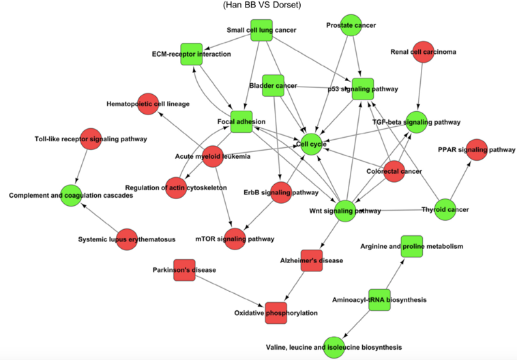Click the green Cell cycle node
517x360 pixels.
click(310, 144)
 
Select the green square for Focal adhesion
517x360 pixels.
click(241, 122)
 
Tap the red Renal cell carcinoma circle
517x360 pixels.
click(424, 52)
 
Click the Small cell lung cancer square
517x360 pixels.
click(261, 30)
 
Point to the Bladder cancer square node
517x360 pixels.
click(273, 85)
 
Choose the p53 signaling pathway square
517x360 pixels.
click(363, 89)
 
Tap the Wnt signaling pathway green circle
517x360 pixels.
click(345, 211)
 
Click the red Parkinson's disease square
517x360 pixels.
click(184, 270)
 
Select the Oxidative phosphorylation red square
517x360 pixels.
click(276, 312)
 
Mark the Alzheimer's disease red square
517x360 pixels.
click(311, 260)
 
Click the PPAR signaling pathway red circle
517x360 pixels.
click(477, 149)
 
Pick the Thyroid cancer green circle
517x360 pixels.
click(445, 209)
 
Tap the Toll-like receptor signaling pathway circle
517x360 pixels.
click(91, 139)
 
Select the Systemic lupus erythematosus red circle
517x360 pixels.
click(127, 239)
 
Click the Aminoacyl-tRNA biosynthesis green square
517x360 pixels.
click(379, 299)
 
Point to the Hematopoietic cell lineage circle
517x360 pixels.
click(148, 104)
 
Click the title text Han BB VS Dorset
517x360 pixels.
click(262, 5)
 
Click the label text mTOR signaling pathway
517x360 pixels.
click(234, 239)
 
